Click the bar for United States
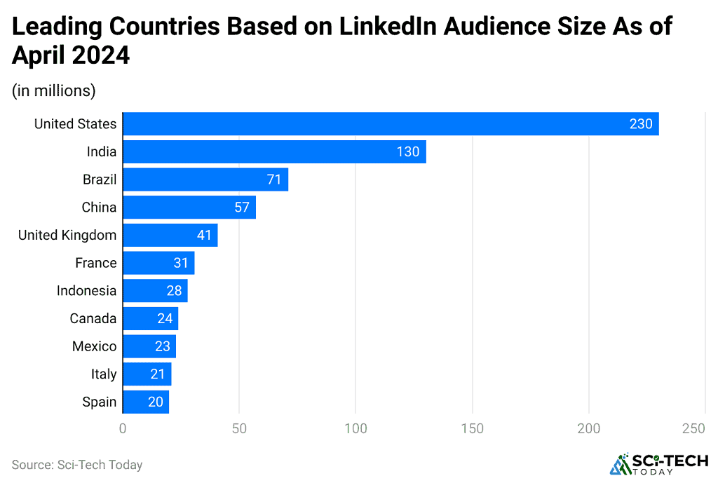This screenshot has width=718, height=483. (391, 124)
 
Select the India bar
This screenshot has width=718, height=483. (274, 151)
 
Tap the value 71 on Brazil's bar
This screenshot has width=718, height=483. (273, 179)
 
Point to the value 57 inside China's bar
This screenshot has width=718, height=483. (241, 208)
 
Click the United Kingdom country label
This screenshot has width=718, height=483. (67, 235)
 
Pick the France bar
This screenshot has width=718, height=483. (158, 263)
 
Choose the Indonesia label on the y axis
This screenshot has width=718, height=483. (86, 290)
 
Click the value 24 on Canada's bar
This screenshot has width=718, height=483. (164, 318)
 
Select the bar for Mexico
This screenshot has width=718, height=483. (149, 346)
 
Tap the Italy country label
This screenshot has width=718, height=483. (104, 374)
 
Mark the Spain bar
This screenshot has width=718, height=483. (146, 402)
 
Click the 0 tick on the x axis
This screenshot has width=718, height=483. (123, 428)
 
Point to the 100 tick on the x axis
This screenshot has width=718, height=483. (355, 428)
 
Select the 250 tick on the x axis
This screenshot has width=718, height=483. (705, 428)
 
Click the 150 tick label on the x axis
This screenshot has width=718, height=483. (472, 428)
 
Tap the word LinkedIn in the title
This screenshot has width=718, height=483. (380, 27)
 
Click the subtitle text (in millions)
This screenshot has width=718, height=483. (53, 90)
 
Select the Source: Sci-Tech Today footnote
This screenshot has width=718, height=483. (77, 464)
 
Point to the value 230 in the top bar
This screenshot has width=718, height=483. (640, 124)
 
